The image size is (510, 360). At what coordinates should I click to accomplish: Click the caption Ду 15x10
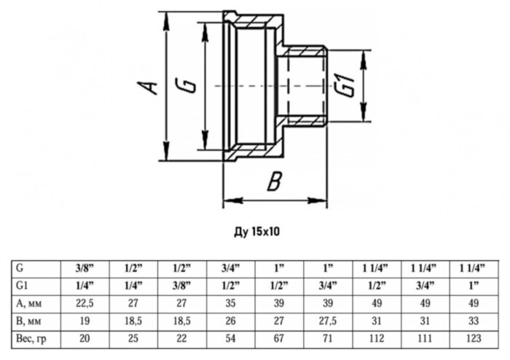coord(256,232)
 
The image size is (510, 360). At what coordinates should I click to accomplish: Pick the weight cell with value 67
coord(280,337)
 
